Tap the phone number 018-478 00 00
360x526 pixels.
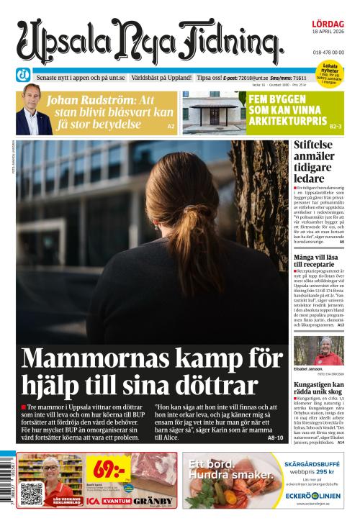click(328, 53)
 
